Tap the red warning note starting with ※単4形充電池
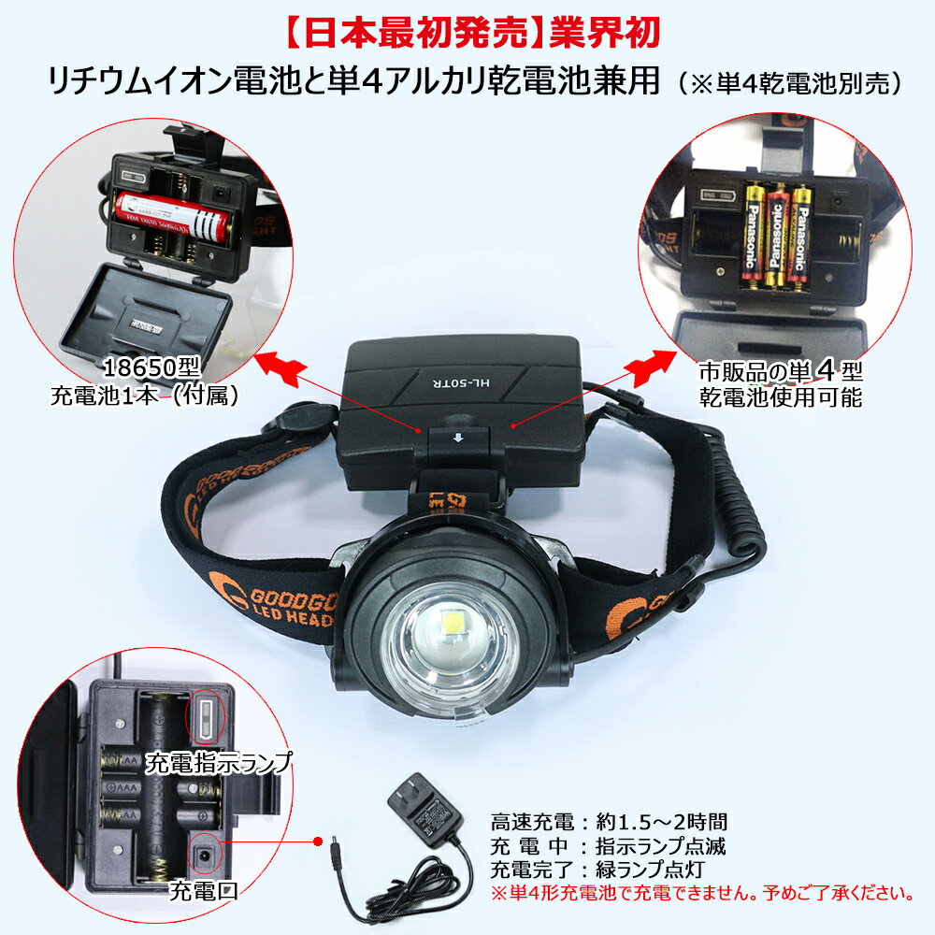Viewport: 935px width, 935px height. (701, 893)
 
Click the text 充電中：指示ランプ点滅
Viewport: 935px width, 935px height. (609, 846)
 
